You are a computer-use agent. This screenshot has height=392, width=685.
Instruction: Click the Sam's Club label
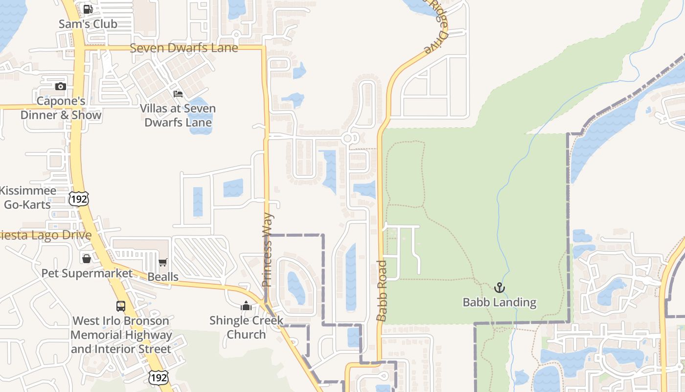(x=88, y=24)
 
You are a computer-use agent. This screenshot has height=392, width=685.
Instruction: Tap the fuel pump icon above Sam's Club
(x=88, y=9)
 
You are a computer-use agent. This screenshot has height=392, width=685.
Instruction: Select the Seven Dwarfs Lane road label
(x=184, y=48)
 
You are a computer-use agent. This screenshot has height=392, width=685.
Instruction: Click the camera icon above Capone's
(x=61, y=87)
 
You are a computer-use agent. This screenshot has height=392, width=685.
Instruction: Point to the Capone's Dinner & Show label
(x=61, y=108)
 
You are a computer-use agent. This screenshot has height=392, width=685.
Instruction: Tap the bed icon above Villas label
(x=178, y=94)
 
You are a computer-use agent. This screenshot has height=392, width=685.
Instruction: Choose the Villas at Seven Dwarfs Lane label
(x=178, y=116)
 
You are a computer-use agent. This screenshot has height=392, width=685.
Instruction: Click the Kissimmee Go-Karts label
(x=27, y=197)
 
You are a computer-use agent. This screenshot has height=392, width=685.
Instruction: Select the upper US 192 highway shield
(x=78, y=198)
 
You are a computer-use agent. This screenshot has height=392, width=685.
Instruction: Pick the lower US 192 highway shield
(x=159, y=377)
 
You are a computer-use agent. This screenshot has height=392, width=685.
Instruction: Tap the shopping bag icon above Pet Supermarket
(x=87, y=258)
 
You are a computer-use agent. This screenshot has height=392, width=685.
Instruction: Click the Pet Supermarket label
(x=87, y=273)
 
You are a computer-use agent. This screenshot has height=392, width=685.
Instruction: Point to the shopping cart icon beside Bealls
(x=163, y=263)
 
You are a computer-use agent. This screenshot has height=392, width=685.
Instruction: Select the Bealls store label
(x=163, y=277)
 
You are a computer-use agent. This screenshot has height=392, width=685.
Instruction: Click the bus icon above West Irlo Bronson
(x=121, y=306)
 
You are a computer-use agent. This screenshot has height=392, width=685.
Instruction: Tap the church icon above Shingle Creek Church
(x=246, y=306)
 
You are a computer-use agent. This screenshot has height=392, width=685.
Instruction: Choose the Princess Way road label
(x=267, y=250)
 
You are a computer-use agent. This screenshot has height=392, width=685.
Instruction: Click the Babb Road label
(x=382, y=291)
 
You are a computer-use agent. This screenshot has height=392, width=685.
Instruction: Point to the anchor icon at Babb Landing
(x=500, y=288)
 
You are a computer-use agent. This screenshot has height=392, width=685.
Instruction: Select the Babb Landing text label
(x=500, y=302)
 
